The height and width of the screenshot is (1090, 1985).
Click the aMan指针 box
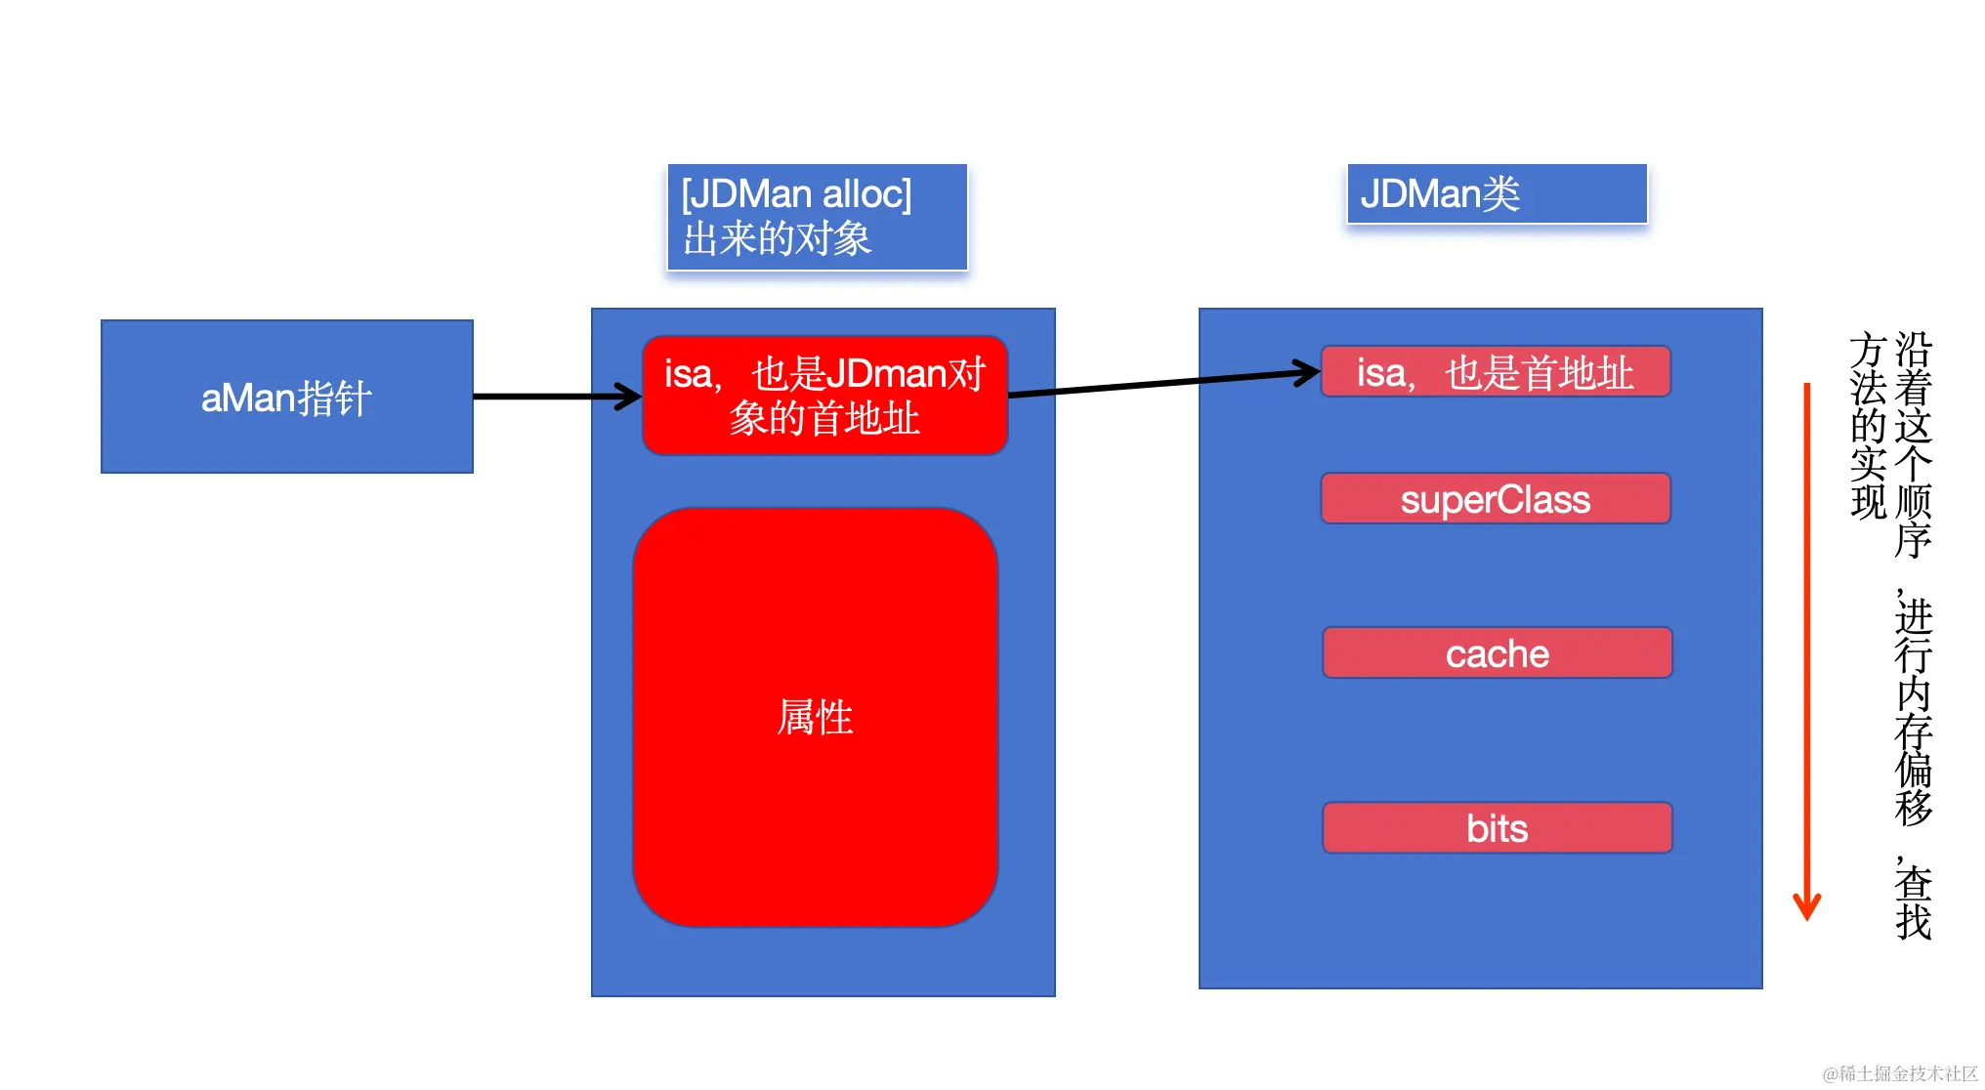coord(286,397)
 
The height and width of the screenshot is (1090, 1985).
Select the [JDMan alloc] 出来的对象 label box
coord(817,217)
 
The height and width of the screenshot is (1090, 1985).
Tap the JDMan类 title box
coord(1496,193)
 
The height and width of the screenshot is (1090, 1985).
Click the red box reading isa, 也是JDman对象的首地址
coord(824,396)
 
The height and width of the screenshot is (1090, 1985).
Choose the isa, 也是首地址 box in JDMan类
coord(1495,372)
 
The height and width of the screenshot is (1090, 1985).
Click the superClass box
coord(1495,499)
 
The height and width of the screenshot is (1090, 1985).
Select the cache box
coord(1497,653)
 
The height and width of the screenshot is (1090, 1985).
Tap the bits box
coord(1497,828)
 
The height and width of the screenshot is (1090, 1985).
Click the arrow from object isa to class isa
coord(1162,383)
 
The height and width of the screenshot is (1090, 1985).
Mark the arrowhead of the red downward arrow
coord(1806,908)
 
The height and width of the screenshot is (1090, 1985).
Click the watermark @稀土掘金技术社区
coord(1899,1073)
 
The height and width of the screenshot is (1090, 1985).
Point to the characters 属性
coord(815,718)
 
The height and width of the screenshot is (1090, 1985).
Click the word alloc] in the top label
coord(867,194)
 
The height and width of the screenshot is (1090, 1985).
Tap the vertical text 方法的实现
coord(1868,426)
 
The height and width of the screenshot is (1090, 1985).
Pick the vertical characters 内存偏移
coord(1913,750)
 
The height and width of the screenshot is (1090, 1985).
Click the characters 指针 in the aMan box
coord(334,398)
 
